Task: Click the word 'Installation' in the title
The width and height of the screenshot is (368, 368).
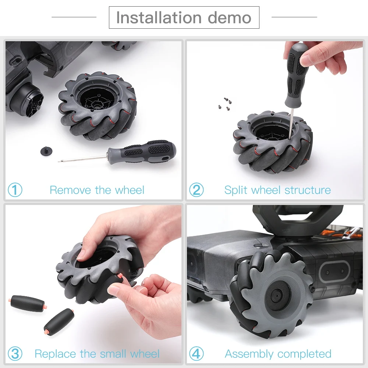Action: click(159, 18)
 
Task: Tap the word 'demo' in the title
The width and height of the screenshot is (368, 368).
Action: click(230, 18)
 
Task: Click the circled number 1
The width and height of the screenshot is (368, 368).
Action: click(15, 190)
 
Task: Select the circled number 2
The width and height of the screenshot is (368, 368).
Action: click(197, 190)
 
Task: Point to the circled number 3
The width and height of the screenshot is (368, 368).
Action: click(15, 354)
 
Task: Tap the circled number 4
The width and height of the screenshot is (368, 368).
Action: click(197, 354)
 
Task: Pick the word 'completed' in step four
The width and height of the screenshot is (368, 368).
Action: click(304, 354)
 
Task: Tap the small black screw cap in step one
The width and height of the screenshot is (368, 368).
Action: click(46, 151)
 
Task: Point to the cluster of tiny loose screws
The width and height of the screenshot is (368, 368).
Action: click(225, 104)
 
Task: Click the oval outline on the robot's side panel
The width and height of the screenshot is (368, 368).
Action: click(335, 272)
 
